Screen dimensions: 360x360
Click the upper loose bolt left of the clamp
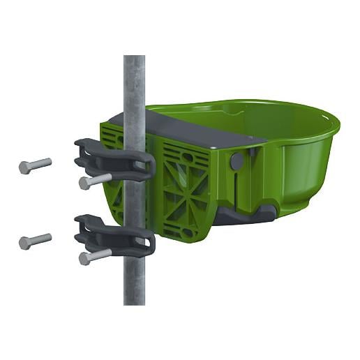pos(35,166)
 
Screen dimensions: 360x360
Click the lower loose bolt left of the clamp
pos(35,241)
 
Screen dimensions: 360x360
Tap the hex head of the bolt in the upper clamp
pos(84,183)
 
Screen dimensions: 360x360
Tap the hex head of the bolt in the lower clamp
pos(84,258)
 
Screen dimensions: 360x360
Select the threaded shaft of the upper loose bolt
pos(42,164)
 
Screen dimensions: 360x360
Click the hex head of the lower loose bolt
pos(24,243)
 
